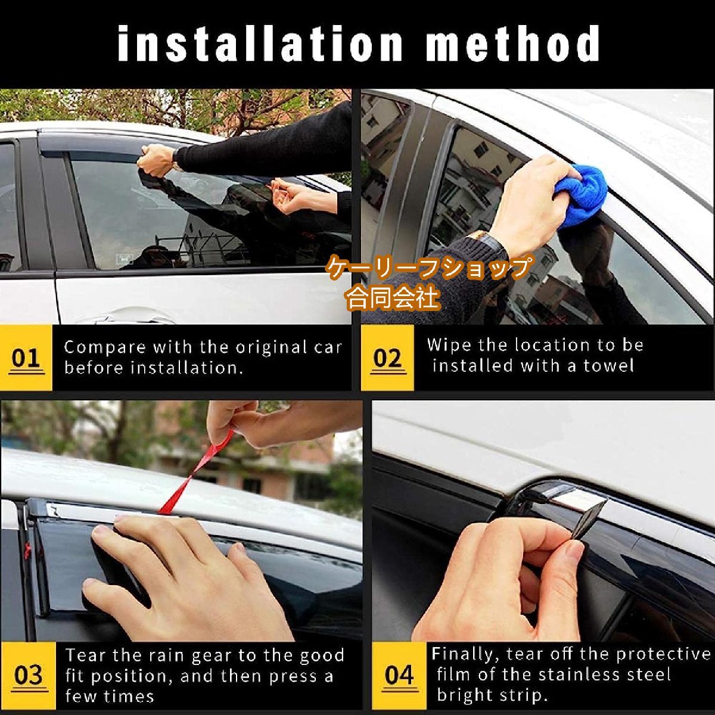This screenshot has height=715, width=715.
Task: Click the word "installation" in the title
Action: click(x=260, y=44)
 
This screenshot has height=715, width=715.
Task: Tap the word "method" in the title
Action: click(x=512, y=43)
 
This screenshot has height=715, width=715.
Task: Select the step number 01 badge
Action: click(x=26, y=357)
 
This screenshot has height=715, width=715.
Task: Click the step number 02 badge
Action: click(x=387, y=357)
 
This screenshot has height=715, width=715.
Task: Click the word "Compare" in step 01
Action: click(x=105, y=348)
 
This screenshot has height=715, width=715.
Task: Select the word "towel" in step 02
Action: click(x=608, y=366)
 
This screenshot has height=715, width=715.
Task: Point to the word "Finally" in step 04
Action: click(x=465, y=654)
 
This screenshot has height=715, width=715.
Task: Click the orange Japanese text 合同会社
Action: click(x=393, y=299)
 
